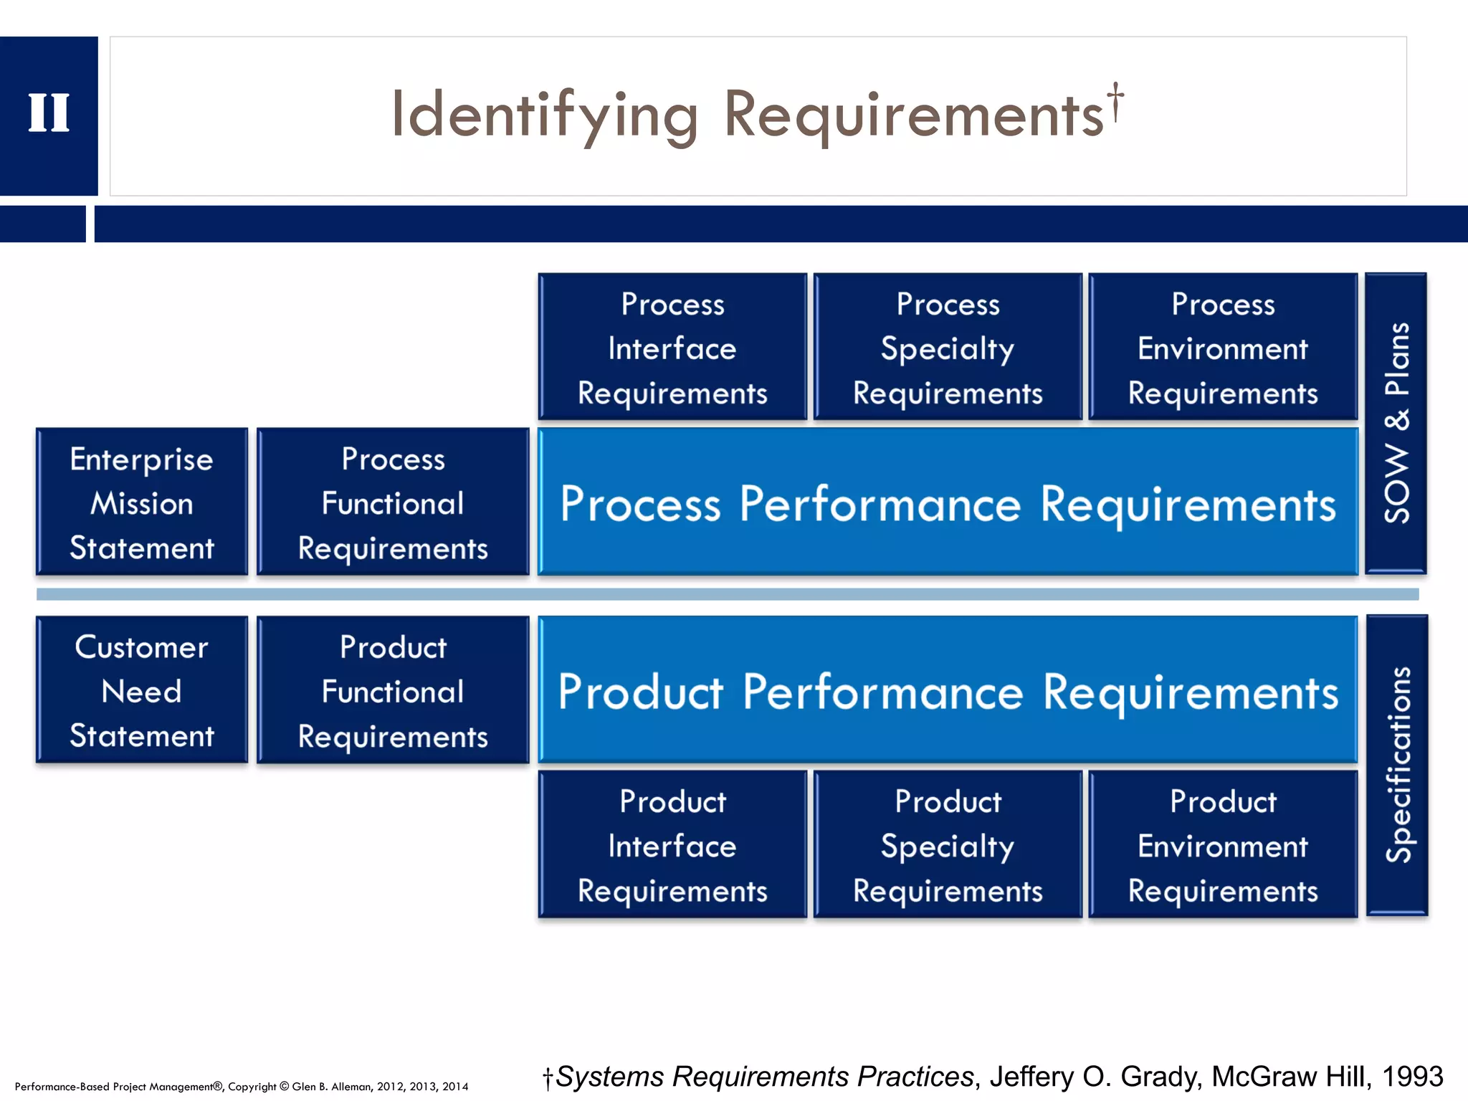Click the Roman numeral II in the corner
coord(49,113)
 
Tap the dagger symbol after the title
coord(1115,101)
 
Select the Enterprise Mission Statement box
coord(142,502)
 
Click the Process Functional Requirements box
coord(393,502)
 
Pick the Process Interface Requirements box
coord(672,348)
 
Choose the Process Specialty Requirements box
coord(948,348)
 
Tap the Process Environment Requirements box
coord(1223,348)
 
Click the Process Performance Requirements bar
coord(948,502)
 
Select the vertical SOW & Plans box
coord(1396,423)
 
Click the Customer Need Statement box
coord(142,690)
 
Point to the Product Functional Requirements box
coord(393,690)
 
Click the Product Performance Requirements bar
coord(948,690)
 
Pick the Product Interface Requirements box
coord(672,845)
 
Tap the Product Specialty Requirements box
coord(948,845)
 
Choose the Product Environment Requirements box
coord(1223,845)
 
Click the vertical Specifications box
coord(1397,765)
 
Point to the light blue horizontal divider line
coord(727,594)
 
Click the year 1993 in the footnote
coord(1412,1077)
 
